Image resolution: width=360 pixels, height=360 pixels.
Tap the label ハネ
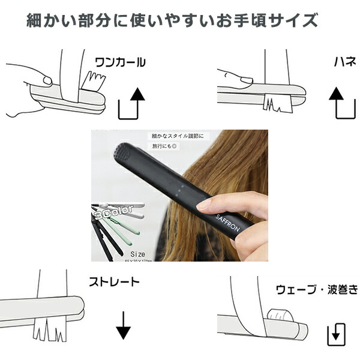tap(345, 61)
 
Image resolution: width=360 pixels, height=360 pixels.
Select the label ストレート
tap(114, 281)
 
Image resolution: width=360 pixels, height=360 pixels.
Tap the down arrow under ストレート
tap(123, 325)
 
